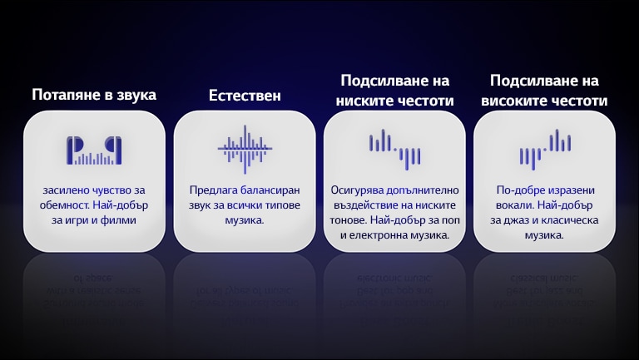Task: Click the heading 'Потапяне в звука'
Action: tap(94, 95)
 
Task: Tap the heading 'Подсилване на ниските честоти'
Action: tap(394, 91)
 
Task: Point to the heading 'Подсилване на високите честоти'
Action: tap(544, 91)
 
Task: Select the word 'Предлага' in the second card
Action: tap(214, 190)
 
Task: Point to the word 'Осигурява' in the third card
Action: tap(357, 190)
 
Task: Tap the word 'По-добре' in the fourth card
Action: tap(518, 190)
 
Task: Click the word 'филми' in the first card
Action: tap(120, 220)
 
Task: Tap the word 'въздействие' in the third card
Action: tap(363, 205)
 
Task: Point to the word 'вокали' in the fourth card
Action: tap(517, 205)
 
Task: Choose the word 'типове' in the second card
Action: tap(278, 205)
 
